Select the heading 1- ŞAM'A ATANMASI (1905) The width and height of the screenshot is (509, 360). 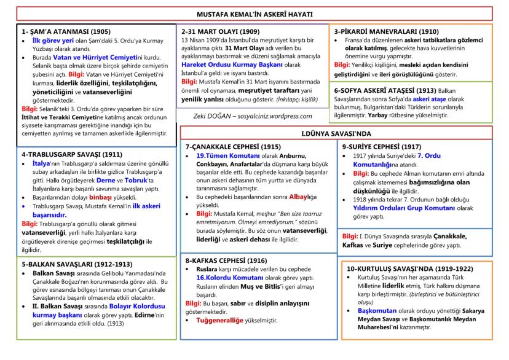click(x=58, y=31)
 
